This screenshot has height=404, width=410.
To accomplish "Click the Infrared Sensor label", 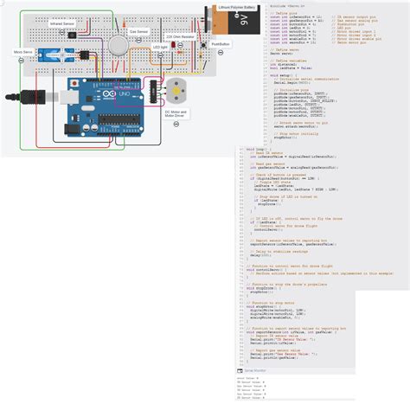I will pos(63,25).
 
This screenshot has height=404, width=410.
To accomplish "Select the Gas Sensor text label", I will pos(138,30).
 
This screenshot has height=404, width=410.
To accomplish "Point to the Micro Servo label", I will pos(23,52).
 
